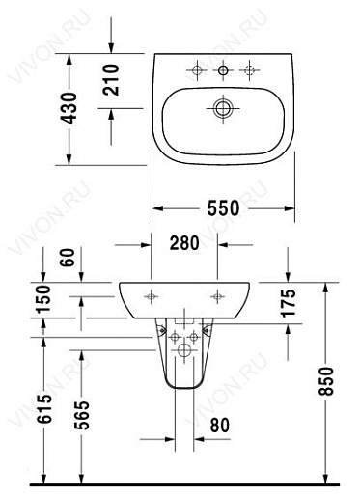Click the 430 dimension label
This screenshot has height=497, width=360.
(x=69, y=108)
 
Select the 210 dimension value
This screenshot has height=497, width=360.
(x=111, y=80)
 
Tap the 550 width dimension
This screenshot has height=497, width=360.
(x=223, y=208)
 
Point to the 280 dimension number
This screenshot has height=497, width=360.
(x=184, y=243)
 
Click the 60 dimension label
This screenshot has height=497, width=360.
(x=68, y=258)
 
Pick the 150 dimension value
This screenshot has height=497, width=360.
(x=43, y=299)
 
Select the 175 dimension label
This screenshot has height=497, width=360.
(x=288, y=303)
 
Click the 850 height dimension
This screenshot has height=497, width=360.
(x=326, y=381)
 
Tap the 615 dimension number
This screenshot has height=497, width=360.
(x=44, y=408)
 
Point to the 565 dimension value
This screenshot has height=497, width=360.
(x=82, y=415)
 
